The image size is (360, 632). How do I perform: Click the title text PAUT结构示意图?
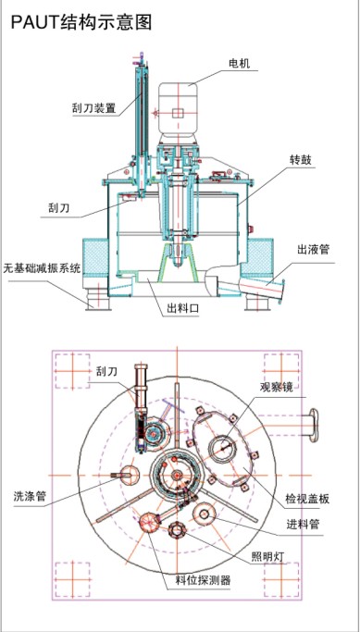point(81,22)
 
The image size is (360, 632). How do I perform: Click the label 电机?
point(239,63)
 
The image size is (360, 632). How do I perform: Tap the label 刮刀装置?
point(93,108)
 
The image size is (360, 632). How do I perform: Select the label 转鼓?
point(300,160)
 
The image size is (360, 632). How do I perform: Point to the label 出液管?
point(313,250)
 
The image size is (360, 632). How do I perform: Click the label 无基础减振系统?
point(43,268)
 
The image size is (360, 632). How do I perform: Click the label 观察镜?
point(276,388)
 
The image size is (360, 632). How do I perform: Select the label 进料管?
point(303,525)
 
